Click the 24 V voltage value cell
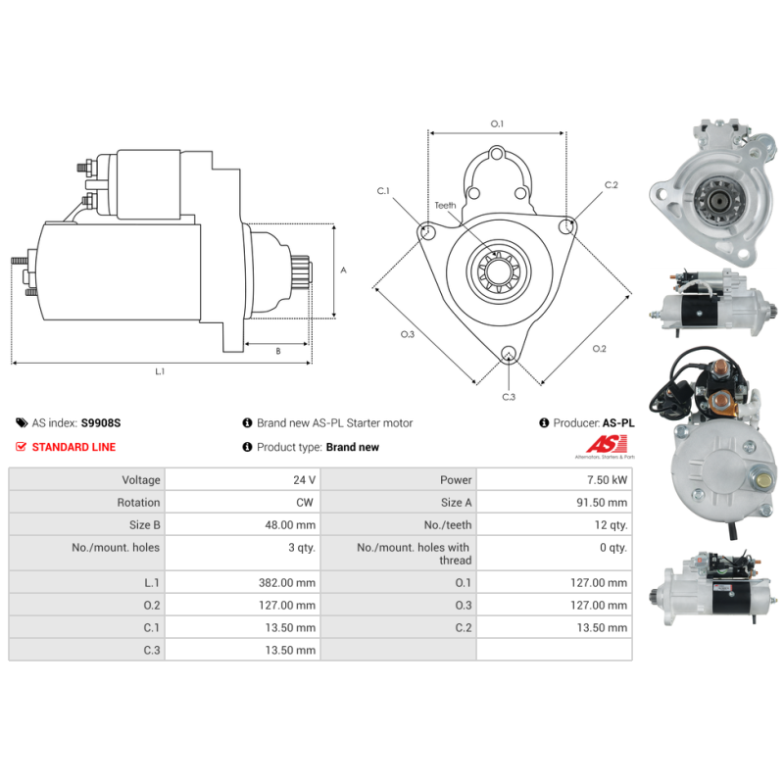(x=304, y=480)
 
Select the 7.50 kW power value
(x=607, y=480)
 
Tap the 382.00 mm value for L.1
(x=287, y=582)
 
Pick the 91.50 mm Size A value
(x=602, y=503)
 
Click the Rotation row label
(x=138, y=503)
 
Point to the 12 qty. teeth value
(x=611, y=525)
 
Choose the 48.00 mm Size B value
(x=290, y=525)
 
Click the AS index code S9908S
(x=101, y=423)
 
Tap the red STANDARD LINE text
(x=74, y=447)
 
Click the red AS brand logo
(x=607, y=444)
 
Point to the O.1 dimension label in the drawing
(x=497, y=123)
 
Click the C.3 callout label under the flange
(x=509, y=397)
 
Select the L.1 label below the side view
(x=160, y=371)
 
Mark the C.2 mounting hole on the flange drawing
(x=566, y=226)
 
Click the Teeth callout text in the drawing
(x=445, y=206)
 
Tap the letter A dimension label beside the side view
(x=344, y=270)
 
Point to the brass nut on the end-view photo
(x=763, y=481)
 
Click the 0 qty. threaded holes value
(x=613, y=548)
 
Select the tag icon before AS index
(x=22, y=423)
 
